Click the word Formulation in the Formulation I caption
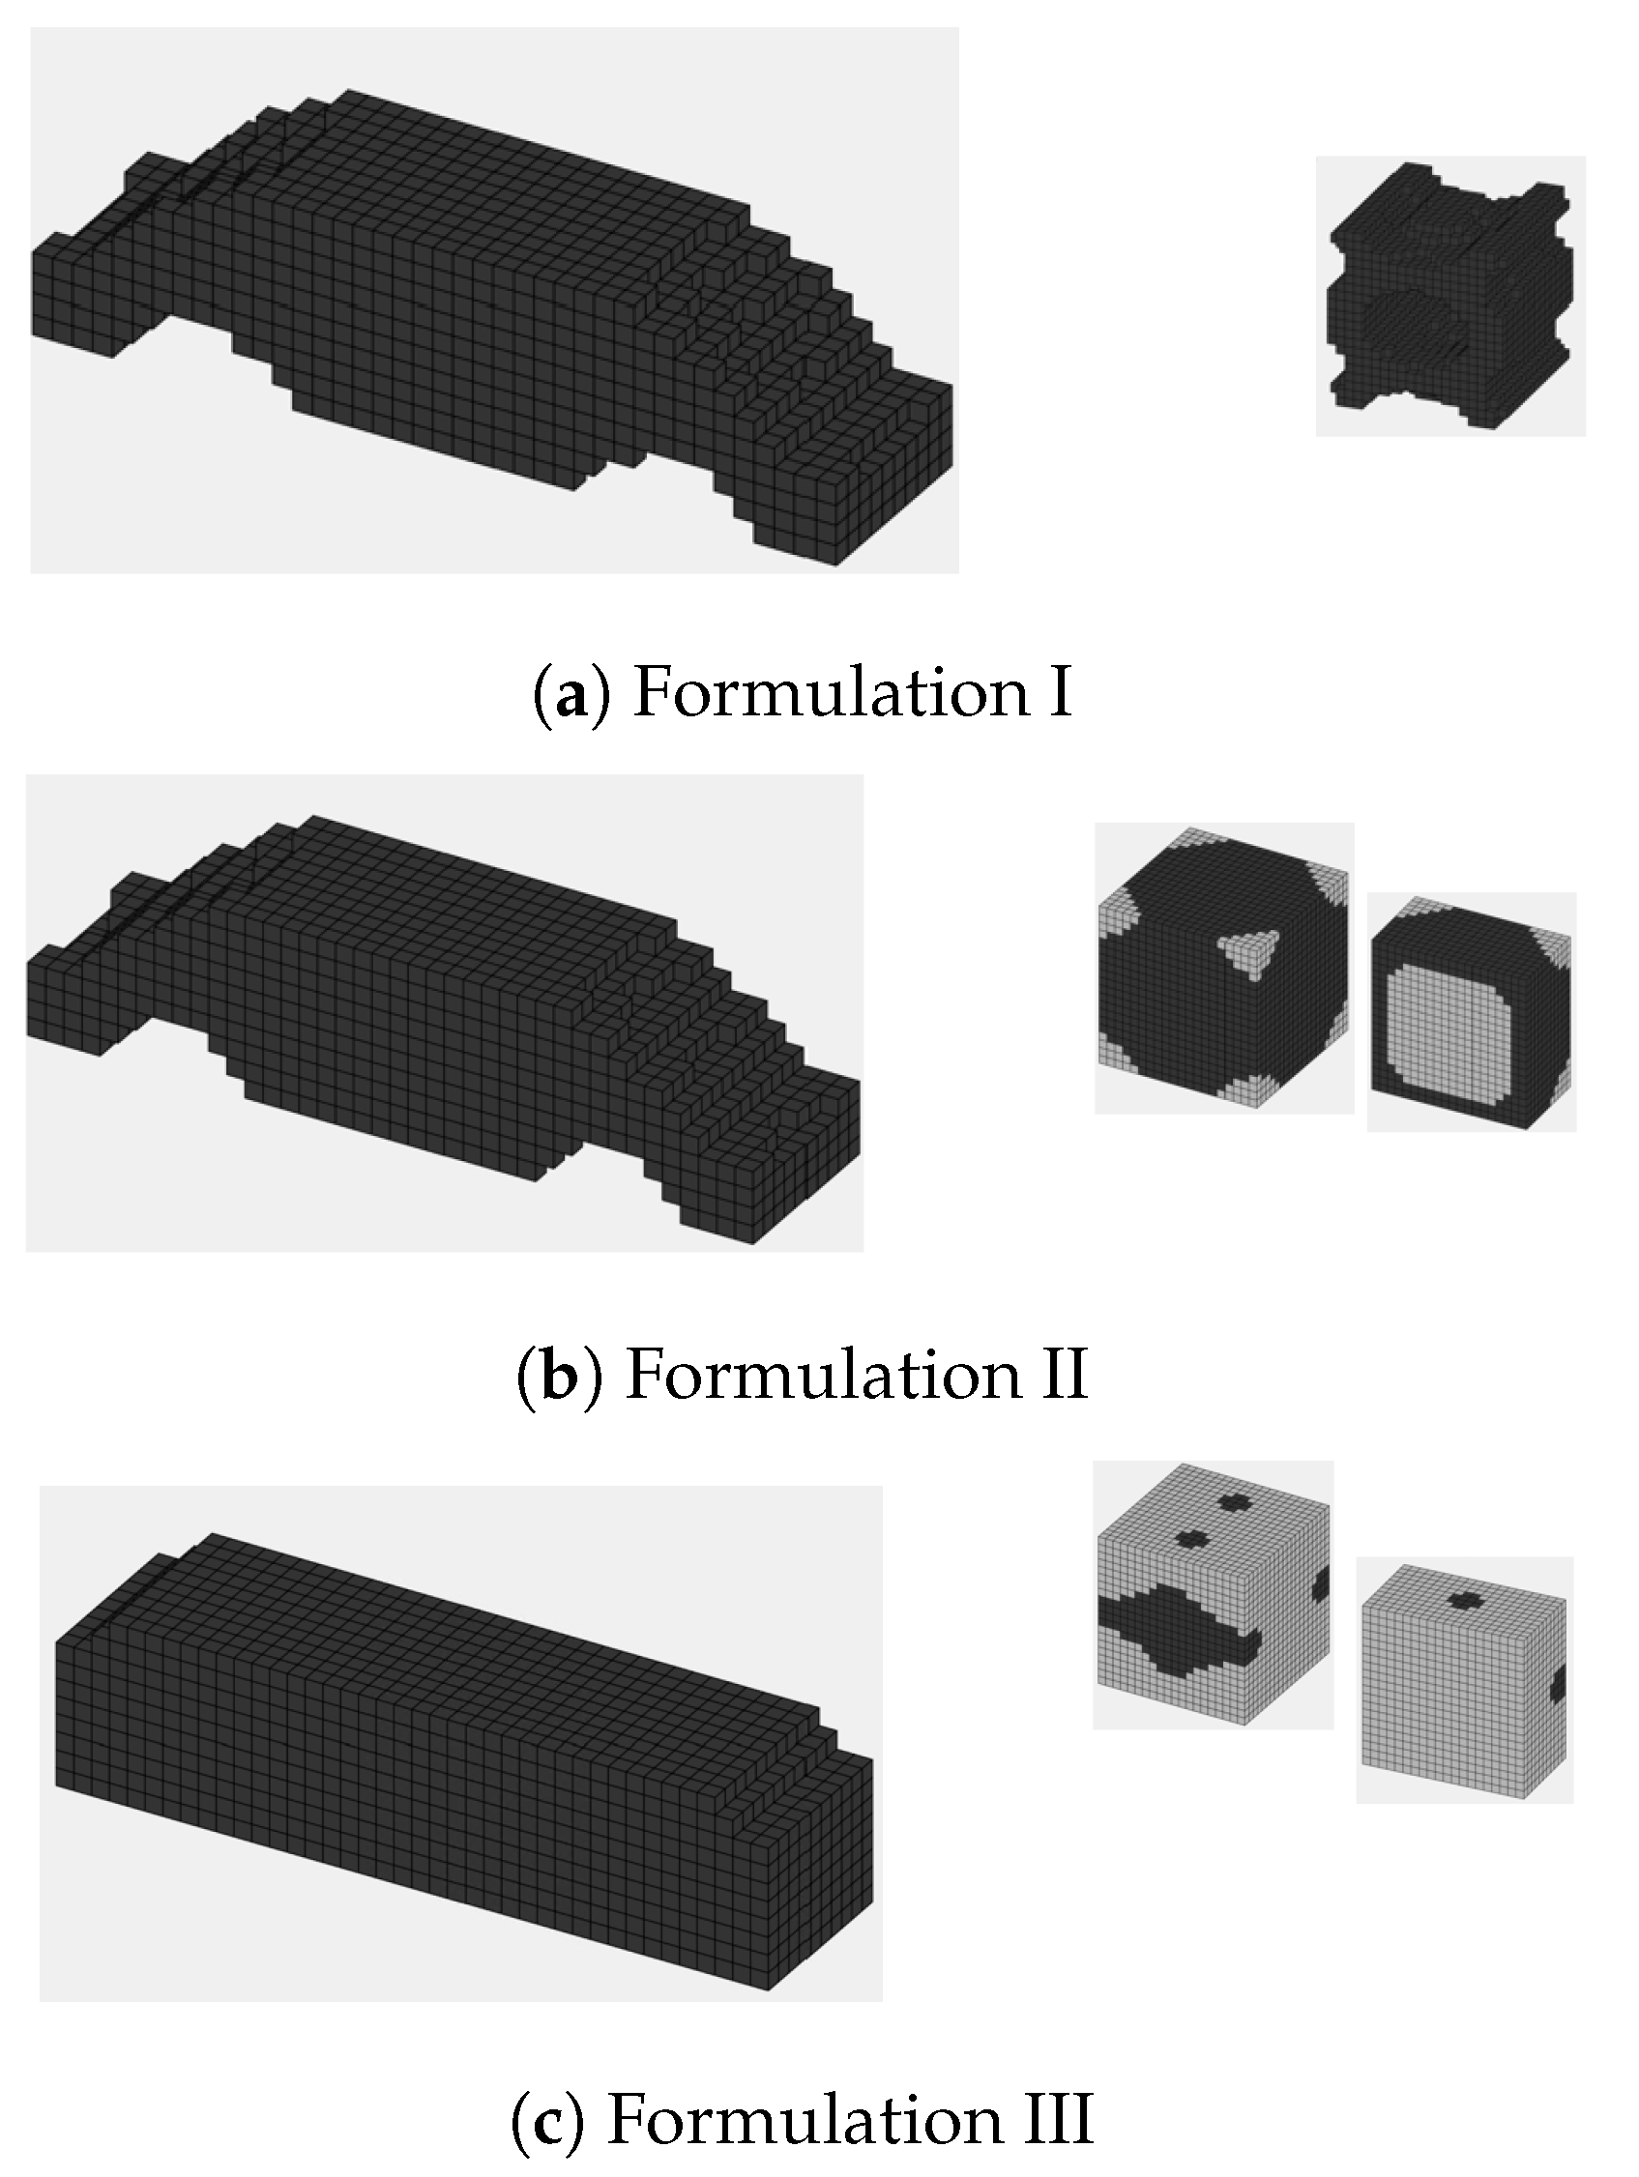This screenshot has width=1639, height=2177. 831,692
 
